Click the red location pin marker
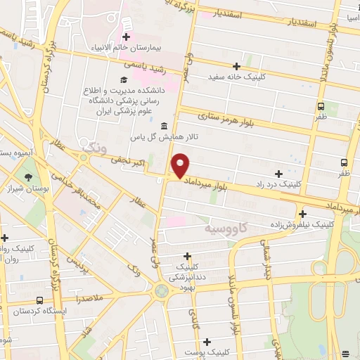click(181, 165)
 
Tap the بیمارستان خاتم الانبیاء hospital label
click(127, 49)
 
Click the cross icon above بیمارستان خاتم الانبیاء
click(127, 37)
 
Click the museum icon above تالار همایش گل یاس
click(164, 126)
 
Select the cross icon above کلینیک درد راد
click(279, 173)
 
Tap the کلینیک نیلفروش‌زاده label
click(303, 225)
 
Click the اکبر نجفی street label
click(129, 162)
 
